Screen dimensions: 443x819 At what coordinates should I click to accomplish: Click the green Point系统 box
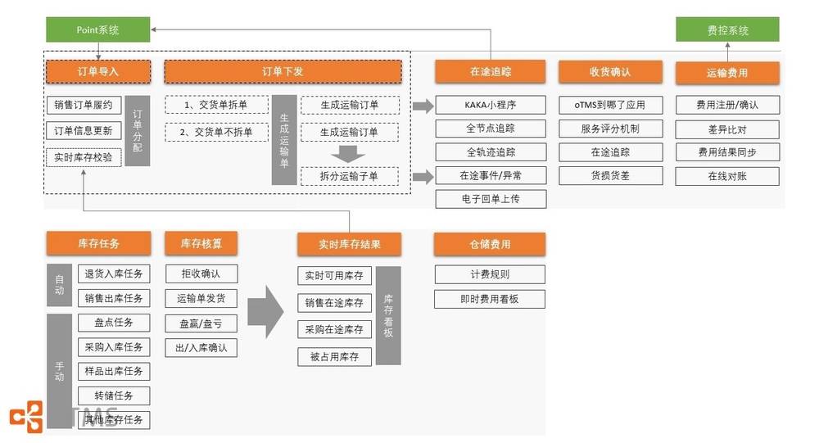point(98,29)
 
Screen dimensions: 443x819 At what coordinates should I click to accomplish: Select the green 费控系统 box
point(727,30)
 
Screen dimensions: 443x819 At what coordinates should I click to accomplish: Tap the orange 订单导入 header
point(98,72)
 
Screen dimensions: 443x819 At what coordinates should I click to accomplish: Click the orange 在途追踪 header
point(491,72)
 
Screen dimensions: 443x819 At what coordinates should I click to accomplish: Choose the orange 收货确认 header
point(609,72)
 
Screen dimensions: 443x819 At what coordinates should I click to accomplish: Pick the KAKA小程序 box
point(491,105)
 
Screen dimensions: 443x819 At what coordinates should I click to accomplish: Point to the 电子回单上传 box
point(491,198)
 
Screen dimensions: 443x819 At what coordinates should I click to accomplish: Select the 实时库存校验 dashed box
point(84,156)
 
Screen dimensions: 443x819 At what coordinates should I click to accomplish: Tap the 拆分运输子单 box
point(350,176)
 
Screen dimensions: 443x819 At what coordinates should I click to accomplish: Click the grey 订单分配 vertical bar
point(137,130)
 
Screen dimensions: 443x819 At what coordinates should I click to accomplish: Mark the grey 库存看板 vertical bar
point(388,315)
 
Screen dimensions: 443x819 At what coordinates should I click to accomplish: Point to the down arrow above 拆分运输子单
point(350,154)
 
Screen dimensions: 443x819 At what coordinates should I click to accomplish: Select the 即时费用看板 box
point(490,300)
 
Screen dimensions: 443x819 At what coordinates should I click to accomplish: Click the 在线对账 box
point(727,176)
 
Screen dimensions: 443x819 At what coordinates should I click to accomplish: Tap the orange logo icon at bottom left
point(26,416)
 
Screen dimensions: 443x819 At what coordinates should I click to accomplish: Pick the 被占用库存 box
point(333,356)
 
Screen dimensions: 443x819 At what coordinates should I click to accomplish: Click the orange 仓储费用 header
point(490,244)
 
